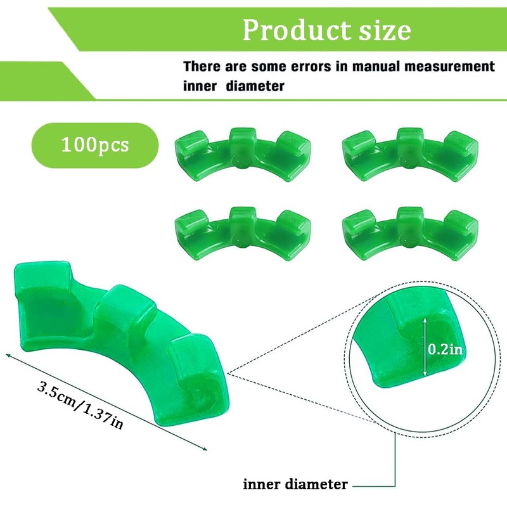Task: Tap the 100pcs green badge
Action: [95, 144]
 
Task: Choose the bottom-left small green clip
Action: [243, 231]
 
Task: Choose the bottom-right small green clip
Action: [411, 231]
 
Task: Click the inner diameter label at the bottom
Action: [295, 485]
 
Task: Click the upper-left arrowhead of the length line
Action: [8, 356]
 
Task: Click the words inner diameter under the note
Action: [234, 86]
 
